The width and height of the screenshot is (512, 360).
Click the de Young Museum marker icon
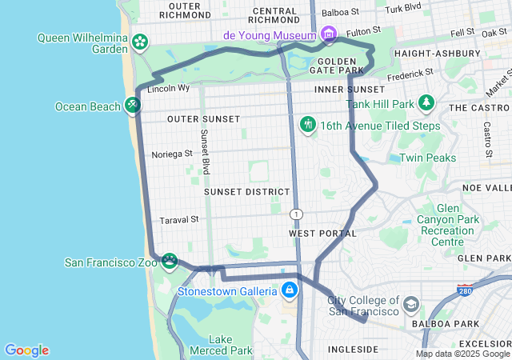coord(327,34)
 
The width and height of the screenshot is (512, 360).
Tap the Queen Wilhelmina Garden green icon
coord(140,41)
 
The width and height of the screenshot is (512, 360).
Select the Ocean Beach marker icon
coord(133,106)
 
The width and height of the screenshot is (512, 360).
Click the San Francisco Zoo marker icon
coord(170,261)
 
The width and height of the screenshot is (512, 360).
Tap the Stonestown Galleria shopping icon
coord(289,290)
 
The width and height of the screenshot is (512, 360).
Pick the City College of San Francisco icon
coord(411,305)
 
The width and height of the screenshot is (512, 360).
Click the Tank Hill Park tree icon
coord(426,103)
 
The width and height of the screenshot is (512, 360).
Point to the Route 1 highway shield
coord(297,214)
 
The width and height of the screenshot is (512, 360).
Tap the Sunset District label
coord(246,192)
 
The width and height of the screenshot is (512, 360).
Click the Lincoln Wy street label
coord(169,88)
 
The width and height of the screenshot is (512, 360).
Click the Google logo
coord(26,350)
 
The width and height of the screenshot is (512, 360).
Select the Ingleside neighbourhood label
coord(352,350)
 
